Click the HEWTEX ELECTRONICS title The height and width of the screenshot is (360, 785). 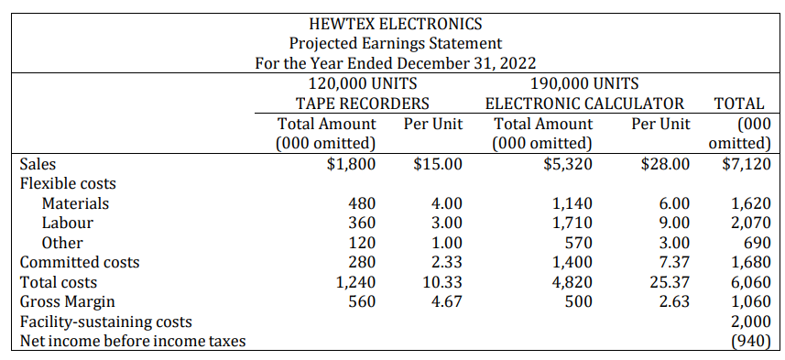click(396, 23)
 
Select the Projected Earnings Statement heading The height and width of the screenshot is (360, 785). click(396, 43)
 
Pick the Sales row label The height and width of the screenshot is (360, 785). click(38, 164)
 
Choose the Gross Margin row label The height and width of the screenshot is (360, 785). click(68, 302)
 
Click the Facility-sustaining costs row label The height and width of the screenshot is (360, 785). click(106, 322)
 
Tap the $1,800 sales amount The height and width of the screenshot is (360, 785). click(352, 164)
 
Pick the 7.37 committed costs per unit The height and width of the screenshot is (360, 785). click(673, 263)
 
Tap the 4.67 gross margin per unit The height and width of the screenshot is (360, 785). click(447, 302)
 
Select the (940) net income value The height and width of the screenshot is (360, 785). click(750, 342)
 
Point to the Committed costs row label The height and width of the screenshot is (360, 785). click(80, 263)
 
